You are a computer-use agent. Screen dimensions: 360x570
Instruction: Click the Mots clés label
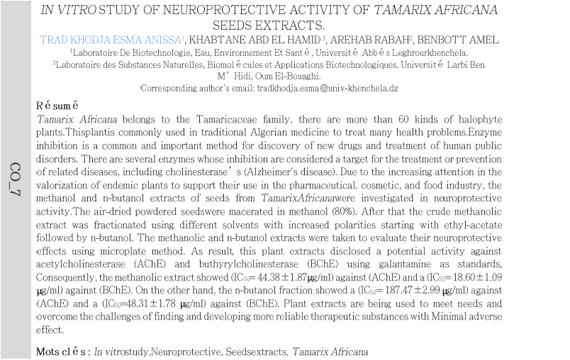coord(63,352)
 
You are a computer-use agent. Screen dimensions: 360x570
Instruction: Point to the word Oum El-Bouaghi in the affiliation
coord(288,76)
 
